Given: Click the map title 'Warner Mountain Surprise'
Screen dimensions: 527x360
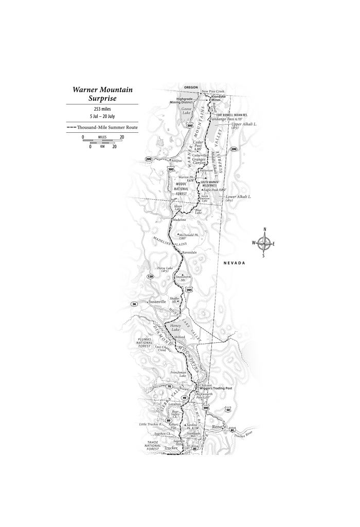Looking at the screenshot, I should tap(102, 94).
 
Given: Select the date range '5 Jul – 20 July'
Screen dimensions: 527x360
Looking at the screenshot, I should tap(102, 116).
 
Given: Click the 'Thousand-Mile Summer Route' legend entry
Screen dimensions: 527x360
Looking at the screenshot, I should tap(102, 127).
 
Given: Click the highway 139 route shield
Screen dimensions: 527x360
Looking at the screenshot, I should tap(150, 276).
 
